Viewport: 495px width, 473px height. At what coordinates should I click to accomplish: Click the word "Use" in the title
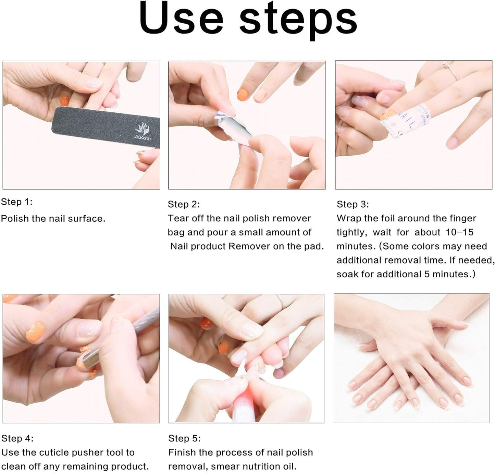[181, 18]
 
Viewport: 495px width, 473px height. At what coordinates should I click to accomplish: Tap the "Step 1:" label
[17, 202]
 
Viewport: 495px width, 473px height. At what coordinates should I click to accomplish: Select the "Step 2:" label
[184, 204]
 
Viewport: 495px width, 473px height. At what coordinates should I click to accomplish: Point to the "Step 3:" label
[352, 204]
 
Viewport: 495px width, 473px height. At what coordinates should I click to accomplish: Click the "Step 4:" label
[17, 438]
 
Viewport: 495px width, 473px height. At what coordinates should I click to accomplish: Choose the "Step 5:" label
[184, 438]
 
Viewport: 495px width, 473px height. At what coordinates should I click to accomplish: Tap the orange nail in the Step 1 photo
[65, 100]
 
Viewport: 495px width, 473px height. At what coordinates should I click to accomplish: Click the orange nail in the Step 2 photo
[243, 95]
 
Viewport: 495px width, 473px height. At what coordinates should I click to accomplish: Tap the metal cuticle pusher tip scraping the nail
[89, 357]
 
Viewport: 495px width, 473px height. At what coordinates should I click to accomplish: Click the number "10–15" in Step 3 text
[460, 232]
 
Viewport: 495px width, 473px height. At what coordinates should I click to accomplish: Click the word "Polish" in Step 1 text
[15, 218]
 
